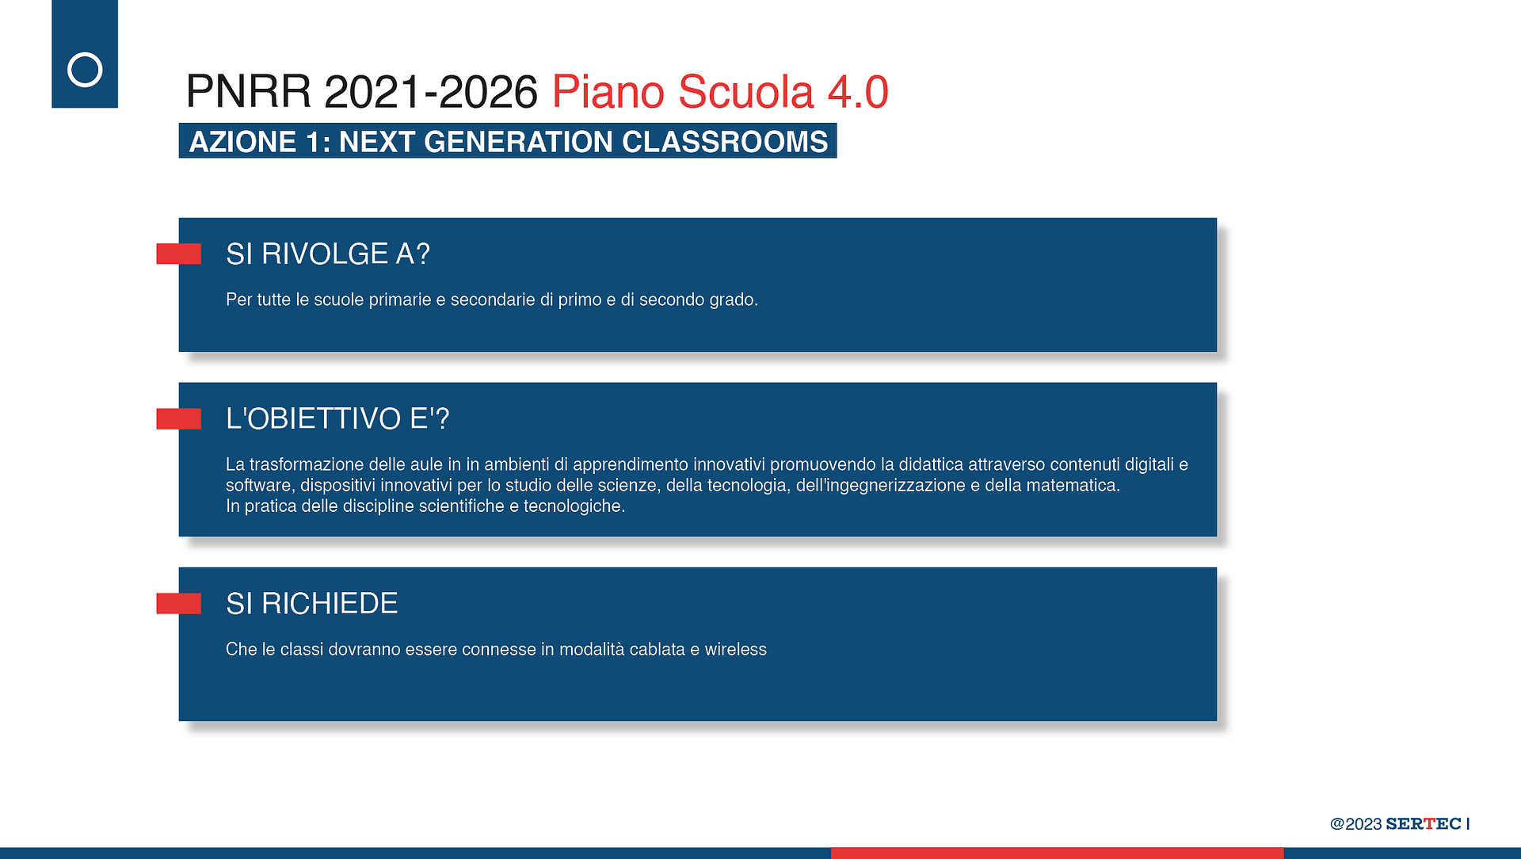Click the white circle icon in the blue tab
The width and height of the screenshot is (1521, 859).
85,70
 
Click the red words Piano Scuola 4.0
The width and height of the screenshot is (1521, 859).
720,92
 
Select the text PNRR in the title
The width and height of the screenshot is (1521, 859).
249,92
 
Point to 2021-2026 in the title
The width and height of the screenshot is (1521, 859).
431,92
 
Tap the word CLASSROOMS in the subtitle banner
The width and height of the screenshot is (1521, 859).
725,142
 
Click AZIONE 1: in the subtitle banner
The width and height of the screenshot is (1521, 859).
260,142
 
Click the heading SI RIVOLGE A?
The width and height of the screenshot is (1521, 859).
328,254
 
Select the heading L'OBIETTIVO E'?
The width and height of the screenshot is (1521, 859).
337,418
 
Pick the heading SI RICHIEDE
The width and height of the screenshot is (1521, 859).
311,604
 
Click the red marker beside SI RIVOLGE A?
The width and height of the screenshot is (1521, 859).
178,254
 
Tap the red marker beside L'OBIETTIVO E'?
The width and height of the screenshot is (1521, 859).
178,418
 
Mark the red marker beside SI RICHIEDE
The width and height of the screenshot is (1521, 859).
178,603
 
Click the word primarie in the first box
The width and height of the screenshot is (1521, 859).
400,300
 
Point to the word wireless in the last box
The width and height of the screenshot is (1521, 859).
736,650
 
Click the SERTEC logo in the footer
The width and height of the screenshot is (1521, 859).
1424,824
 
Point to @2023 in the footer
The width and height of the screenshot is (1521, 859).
1356,824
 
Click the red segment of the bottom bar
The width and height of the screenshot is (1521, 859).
1057,853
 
